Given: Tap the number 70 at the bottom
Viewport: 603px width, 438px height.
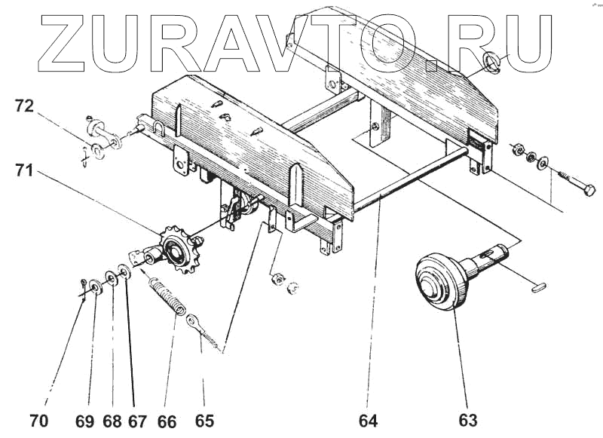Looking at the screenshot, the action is (x=38, y=421).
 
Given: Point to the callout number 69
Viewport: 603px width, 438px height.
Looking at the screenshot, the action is (x=84, y=421).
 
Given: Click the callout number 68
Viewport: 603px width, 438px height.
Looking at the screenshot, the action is (x=112, y=421).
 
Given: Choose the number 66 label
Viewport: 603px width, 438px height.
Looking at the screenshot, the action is (x=167, y=421).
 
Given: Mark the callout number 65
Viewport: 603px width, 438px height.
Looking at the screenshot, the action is (x=204, y=421).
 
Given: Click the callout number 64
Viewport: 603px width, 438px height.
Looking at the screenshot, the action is (x=369, y=421).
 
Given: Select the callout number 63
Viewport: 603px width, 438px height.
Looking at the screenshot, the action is (x=469, y=421).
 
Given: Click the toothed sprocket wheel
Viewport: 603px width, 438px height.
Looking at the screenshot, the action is (x=176, y=248).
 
